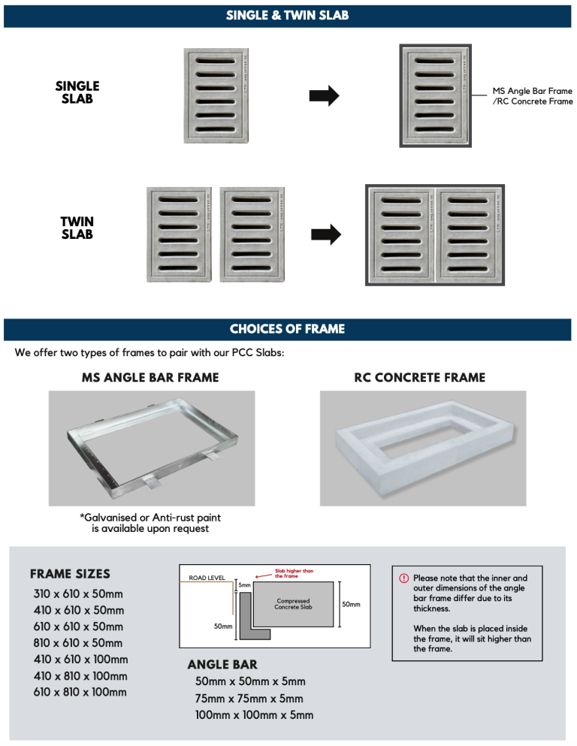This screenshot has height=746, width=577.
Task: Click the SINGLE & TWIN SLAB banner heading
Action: tap(288, 15)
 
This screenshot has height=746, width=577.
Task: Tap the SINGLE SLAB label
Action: tap(77, 92)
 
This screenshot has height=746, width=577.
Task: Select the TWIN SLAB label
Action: tap(77, 228)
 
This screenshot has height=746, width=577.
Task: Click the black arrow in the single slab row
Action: tap(325, 95)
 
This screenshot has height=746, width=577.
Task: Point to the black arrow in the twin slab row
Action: tap(325, 234)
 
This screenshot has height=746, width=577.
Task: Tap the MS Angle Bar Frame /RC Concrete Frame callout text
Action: tap(532, 95)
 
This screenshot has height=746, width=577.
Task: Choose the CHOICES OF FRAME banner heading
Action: tap(288, 329)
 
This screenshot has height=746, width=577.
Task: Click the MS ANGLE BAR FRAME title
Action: tap(150, 377)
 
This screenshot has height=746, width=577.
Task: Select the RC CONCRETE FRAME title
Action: tap(420, 377)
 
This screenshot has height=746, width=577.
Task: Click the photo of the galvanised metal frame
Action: tap(151, 448)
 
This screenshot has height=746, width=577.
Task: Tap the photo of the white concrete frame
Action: tap(423, 448)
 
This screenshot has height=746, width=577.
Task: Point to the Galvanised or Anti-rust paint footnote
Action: tap(150, 523)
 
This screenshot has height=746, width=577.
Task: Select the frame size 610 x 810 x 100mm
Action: tap(80, 692)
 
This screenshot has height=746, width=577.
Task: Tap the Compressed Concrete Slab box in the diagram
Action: tap(293, 604)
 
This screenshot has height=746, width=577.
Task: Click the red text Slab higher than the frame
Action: tap(294, 573)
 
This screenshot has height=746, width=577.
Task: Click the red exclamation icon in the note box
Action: tap(403, 578)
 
